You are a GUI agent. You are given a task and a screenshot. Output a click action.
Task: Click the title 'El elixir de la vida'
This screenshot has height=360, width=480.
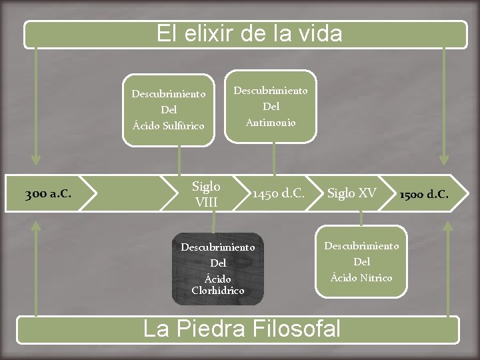click(x=249, y=33)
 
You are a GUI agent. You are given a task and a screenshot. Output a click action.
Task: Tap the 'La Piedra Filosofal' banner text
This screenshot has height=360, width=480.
click(x=242, y=329)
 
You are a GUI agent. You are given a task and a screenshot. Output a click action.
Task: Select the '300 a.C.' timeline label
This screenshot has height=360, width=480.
click(x=48, y=195)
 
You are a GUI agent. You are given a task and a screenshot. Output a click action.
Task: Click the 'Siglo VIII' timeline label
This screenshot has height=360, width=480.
click(x=206, y=193)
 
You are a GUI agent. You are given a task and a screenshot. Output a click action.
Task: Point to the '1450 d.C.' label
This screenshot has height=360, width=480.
click(x=278, y=194)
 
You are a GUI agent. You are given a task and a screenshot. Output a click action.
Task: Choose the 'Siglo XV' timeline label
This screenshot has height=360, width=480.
click(x=351, y=193)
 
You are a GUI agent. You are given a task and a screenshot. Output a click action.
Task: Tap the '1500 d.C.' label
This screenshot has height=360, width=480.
click(x=423, y=195)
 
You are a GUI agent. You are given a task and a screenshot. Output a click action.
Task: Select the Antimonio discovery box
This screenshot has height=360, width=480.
click(x=271, y=106)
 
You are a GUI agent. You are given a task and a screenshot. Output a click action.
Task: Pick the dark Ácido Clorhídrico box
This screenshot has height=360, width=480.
click(x=218, y=268)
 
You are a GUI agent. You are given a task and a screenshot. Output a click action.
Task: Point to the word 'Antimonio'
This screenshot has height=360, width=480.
click(x=271, y=122)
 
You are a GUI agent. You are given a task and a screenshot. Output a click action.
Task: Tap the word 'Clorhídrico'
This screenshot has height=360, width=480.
click(x=218, y=291)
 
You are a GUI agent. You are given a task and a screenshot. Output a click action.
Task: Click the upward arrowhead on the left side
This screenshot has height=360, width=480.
click(x=36, y=227)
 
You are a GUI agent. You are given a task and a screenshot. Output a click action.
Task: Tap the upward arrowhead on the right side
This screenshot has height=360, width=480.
click(x=447, y=227)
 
